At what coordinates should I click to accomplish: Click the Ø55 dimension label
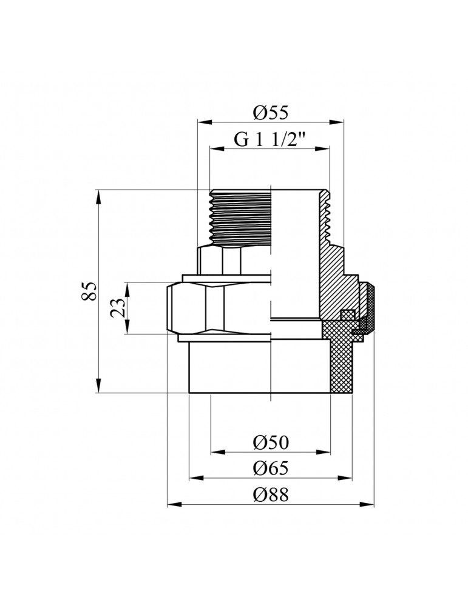click(x=270, y=112)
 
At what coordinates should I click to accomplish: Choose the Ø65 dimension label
click(x=270, y=468)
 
